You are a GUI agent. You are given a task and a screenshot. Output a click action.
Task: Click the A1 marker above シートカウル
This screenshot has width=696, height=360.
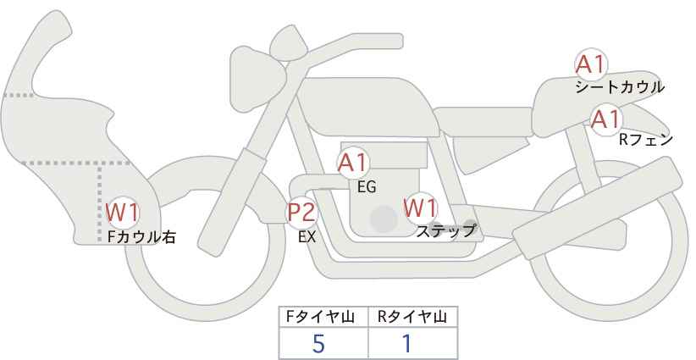pos(591,65)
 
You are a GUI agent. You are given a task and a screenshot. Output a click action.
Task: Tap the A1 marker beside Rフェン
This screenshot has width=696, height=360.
pos(606,119)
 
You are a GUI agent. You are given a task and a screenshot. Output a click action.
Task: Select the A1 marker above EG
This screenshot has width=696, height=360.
pos(353,163)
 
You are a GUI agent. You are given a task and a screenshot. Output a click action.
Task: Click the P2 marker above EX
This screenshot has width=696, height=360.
pos(302,212)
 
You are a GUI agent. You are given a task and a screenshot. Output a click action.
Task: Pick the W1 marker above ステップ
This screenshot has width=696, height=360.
pos(420,208)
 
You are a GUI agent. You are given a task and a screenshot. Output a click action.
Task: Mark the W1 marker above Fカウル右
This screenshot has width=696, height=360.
pos(122,212)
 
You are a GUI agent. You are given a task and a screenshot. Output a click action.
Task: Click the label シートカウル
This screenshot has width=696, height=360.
pos(620,87)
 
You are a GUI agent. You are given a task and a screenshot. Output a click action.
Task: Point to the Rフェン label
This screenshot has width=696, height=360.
pos(646,141)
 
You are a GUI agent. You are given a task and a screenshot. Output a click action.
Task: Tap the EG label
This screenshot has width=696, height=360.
pos(367,187)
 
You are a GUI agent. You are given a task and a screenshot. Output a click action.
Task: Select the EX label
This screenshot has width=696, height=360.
pos(307,237)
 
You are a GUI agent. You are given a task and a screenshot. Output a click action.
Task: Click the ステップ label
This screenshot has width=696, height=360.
pos(445,231)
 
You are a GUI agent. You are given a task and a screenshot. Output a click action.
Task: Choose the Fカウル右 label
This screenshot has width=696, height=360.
pos(142,237)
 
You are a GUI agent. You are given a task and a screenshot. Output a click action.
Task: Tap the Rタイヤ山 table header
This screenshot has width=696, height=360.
pos(412,317)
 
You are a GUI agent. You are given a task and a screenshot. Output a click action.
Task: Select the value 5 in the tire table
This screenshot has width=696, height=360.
pos(318,343)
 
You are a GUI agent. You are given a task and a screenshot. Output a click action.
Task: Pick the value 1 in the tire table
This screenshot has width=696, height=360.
pos(407,343)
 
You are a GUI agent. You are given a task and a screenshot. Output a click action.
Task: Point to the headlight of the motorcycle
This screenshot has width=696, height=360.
pos(257,79)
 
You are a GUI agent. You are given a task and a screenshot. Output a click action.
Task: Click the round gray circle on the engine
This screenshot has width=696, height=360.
pos(384,219)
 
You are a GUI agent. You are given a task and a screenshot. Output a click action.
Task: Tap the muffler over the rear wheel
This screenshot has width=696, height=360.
pos(598,208)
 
